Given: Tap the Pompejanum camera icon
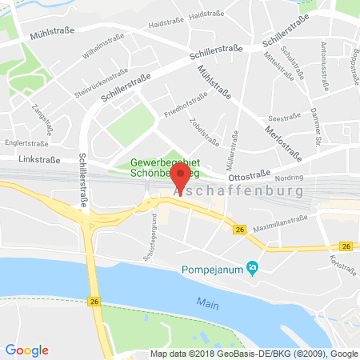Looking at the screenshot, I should pyautogui.click(x=253, y=267).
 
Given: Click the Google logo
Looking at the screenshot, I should pyautogui.click(x=27, y=350).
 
